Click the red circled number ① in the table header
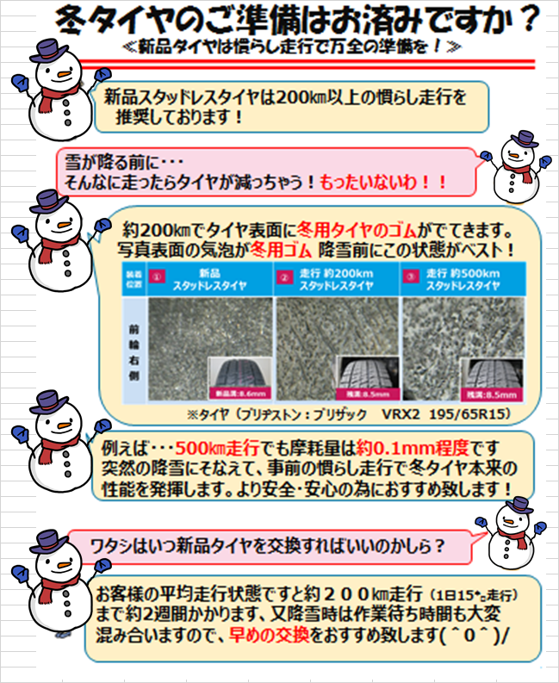[156, 277]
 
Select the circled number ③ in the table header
[410, 277]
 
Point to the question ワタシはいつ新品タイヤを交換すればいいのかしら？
[267, 546]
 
